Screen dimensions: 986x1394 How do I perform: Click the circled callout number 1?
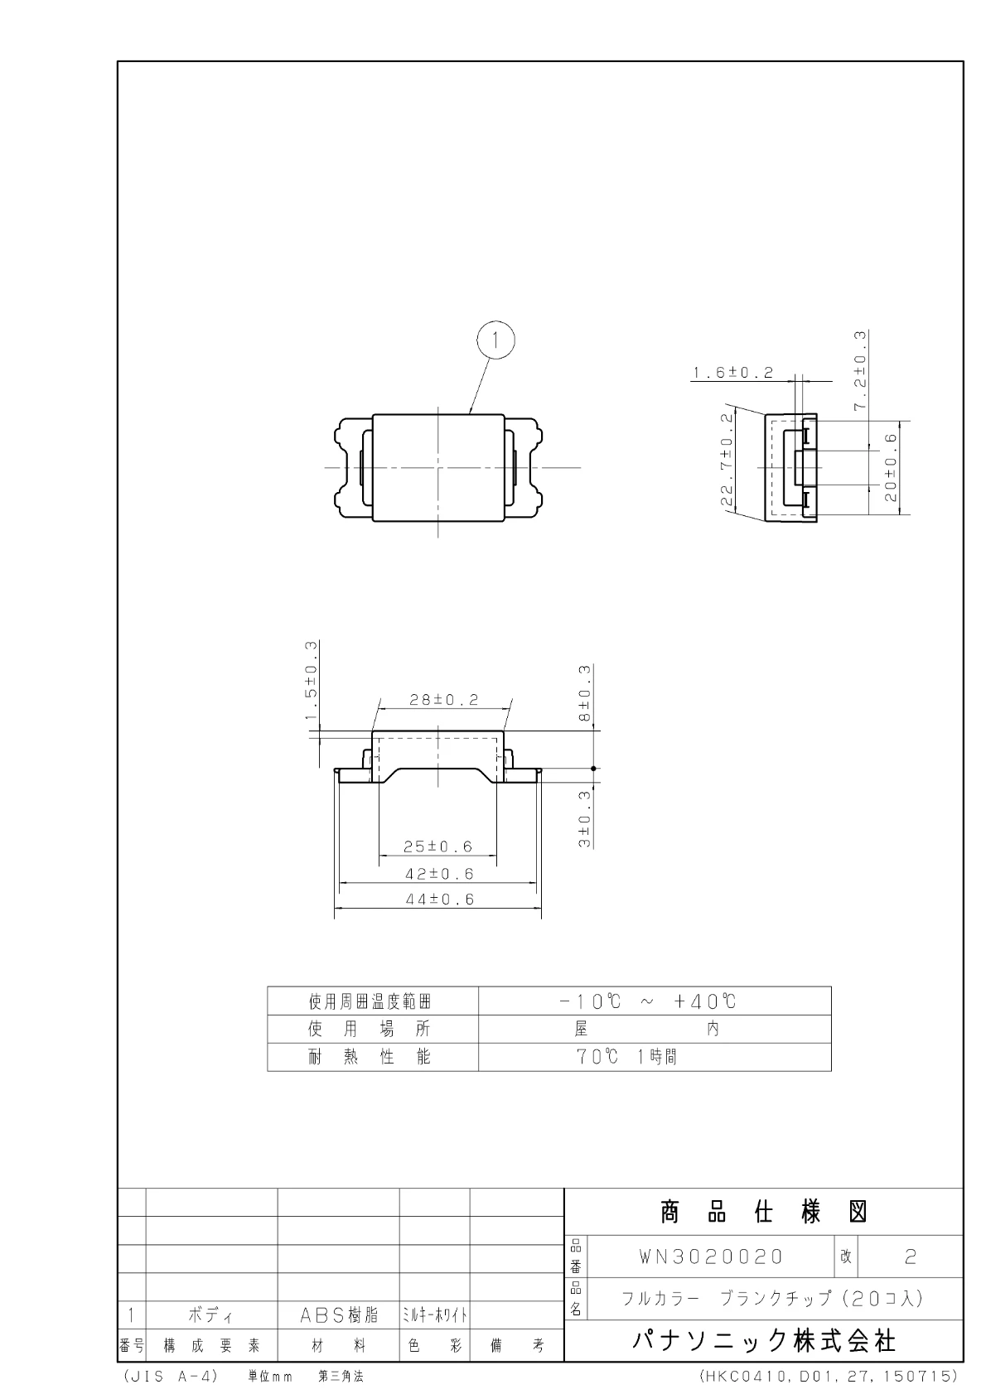[495, 340]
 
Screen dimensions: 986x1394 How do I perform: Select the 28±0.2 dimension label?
[444, 700]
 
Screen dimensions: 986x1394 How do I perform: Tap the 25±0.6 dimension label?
[437, 847]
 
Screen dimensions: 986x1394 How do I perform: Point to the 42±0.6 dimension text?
[439, 875]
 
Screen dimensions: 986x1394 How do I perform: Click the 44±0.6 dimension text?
[439, 900]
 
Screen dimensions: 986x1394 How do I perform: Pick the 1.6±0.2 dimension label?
[733, 373]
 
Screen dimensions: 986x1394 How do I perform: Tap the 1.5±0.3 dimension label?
[312, 680]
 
